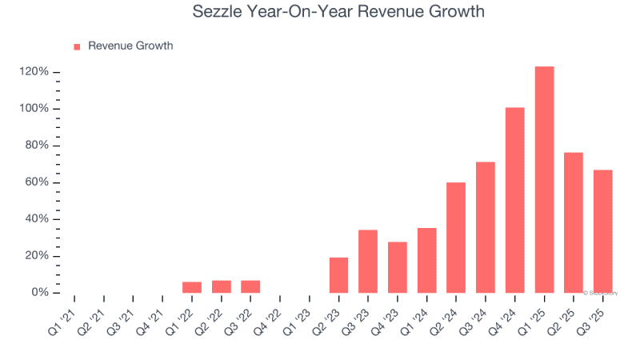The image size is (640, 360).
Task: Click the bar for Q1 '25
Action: coord(544,179)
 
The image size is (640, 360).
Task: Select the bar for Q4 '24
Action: coord(514,200)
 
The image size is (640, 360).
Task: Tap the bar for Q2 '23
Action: coord(338,274)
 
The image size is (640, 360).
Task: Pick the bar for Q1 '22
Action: coord(192,287)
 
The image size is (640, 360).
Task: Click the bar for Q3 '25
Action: coord(602,231)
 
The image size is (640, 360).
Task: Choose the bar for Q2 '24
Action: coord(456,238)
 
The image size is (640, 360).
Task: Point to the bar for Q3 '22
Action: coord(250,286)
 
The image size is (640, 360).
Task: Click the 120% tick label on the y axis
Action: coord(34,72)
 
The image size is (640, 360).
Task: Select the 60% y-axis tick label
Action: coord(38,182)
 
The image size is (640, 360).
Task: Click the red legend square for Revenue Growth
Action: coord(77,46)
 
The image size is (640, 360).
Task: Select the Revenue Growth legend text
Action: coord(130,46)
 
